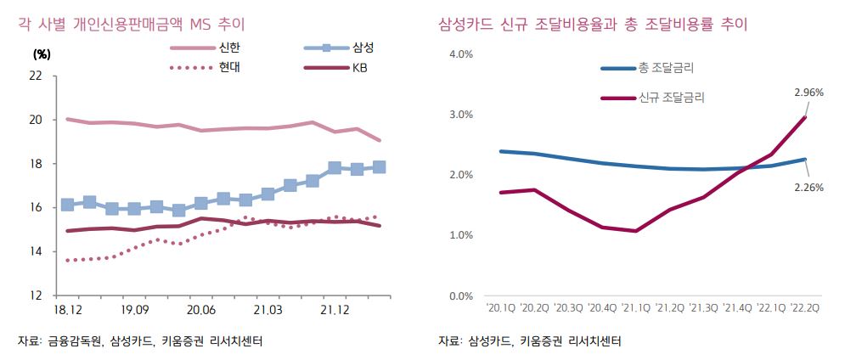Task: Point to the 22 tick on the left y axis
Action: pyautogui.click(x=36, y=76)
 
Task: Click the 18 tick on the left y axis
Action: pyautogui.click(x=36, y=164)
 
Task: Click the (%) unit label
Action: pyautogui.click(x=42, y=53)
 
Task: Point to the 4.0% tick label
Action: pyautogui.click(x=459, y=54)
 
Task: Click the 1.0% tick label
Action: pyautogui.click(x=459, y=235)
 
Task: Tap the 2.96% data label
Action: pyautogui.click(x=808, y=93)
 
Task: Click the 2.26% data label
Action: pyautogui.click(x=808, y=188)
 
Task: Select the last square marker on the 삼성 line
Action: pyautogui.click(x=379, y=167)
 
